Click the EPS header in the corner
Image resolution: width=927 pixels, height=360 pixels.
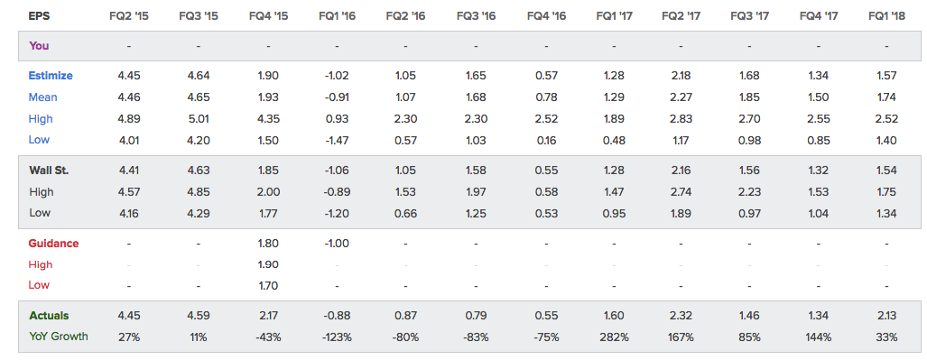tap(39, 16)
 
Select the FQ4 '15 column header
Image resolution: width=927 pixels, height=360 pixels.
tap(268, 16)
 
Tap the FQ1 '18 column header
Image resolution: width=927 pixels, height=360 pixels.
tap(886, 16)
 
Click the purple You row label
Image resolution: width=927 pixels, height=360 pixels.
tap(39, 45)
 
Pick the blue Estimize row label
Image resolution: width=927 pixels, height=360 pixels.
tap(51, 76)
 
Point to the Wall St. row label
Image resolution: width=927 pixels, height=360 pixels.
tap(49, 171)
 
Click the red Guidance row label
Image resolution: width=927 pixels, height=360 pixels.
tap(54, 243)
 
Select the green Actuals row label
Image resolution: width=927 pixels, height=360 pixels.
tap(49, 316)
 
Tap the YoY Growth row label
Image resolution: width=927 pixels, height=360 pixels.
tap(59, 337)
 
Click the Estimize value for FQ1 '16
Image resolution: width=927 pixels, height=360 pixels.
tap(337, 76)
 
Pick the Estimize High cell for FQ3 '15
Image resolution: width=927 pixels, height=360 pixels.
tap(198, 119)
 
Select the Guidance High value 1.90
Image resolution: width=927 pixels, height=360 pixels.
tap(268, 264)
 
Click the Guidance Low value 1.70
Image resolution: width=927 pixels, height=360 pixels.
tap(268, 285)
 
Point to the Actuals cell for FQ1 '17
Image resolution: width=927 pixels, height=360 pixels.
tap(615, 316)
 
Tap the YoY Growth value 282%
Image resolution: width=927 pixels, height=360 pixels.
tap(615, 337)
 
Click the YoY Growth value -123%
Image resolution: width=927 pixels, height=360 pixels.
tap(337, 337)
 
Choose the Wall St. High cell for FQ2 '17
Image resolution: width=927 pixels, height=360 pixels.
tap(681, 191)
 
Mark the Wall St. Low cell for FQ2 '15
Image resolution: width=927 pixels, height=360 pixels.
tap(128, 213)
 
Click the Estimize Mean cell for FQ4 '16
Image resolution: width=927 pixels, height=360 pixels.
tap(546, 97)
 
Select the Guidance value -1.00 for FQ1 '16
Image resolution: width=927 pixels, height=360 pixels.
tap(337, 243)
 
